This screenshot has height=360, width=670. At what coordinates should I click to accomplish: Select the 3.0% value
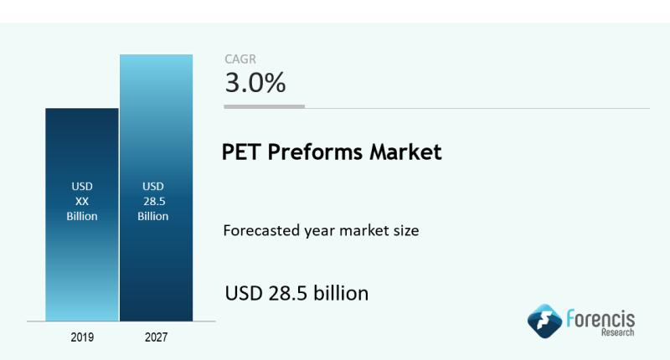(255, 83)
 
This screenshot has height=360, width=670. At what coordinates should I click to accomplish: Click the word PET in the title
(240, 153)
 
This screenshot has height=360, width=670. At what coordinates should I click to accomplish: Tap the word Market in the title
(409, 153)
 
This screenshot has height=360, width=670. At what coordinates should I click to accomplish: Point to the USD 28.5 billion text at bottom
(296, 294)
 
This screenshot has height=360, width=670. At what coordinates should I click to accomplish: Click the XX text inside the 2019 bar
(82, 200)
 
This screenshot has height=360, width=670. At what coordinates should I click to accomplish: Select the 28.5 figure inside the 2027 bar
(155, 201)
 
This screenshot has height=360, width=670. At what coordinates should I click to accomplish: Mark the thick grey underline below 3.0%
(265, 106)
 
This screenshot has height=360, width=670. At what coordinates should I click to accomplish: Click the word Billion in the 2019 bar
(82, 216)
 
